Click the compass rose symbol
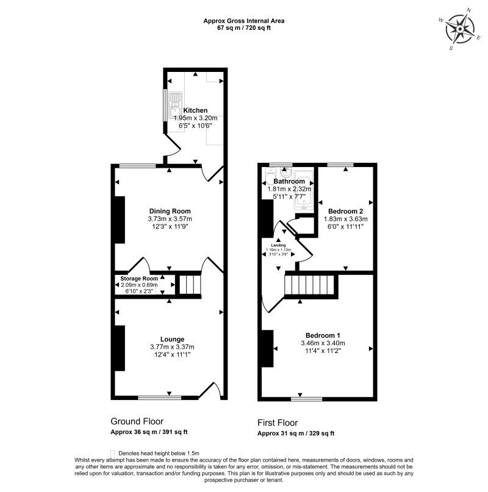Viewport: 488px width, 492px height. click(x=460, y=29)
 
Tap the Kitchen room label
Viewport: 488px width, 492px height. click(x=195, y=110)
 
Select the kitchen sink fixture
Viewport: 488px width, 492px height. click(x=175, y=104)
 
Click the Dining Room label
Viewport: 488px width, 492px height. click(x=170, y=211)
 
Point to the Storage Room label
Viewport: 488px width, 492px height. click(x=139, y=279)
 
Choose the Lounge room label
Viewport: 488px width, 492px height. click(x=173, y=339)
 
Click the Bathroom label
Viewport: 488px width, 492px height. click(x=289, y=181)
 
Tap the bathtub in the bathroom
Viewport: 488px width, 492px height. click(x=304, y=190)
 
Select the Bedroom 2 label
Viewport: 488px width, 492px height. click(x=345, y=211)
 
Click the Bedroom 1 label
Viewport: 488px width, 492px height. click(x=323, y=335)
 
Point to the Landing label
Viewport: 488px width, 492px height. click(x=279, y=245)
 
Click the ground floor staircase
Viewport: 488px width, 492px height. click(x=190, y=285)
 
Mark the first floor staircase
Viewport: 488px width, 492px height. click(x=309, y=285)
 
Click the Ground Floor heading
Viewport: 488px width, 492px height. click(x=137, y=421)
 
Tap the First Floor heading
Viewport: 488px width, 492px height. click(x=278, y=422)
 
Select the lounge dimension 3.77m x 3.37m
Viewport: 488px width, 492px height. click(x=173, y=347)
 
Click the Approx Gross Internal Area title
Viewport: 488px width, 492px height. click(x=244, y=21)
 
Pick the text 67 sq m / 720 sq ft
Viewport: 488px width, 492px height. click(x=244, y=28)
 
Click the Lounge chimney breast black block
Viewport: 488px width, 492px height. click(x=120, y=348)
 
